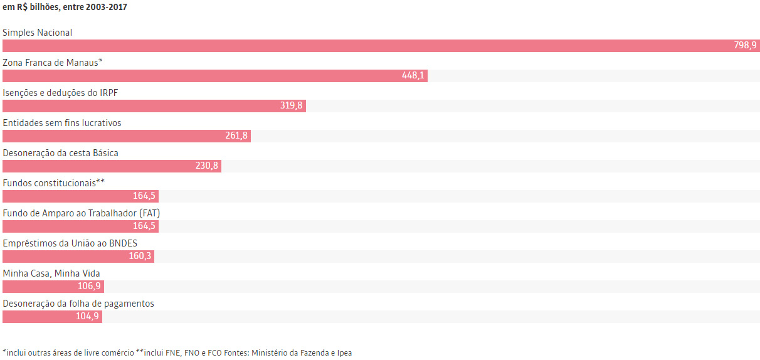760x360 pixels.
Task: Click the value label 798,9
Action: click(745, 45)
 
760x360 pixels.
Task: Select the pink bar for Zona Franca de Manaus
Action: click(215, 76)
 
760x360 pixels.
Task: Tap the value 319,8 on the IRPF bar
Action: click(291, 105)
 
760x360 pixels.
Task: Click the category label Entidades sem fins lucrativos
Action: click(62, 123)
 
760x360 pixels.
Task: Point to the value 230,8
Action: click(207, 166)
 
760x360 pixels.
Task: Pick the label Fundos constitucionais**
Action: click(53, 183)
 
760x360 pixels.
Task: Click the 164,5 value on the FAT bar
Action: click(144, 226)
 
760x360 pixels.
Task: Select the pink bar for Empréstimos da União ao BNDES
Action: click(78, 257)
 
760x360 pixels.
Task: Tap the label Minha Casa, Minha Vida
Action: click(51, 273)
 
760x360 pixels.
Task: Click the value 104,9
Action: click(87, 317)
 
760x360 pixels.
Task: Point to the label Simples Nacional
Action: click(38, 33)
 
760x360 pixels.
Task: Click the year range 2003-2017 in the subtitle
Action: click(106, 7)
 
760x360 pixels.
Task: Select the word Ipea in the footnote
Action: click(344, 353)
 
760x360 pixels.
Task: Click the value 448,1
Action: click(413, 76)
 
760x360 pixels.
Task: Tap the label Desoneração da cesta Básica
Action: click(60, 153)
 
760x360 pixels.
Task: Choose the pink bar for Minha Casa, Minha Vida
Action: click(53, 287)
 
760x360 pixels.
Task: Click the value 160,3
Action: click(140, 256)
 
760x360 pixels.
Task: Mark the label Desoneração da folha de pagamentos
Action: click(78, 304)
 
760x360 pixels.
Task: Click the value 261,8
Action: click(236, 135)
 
